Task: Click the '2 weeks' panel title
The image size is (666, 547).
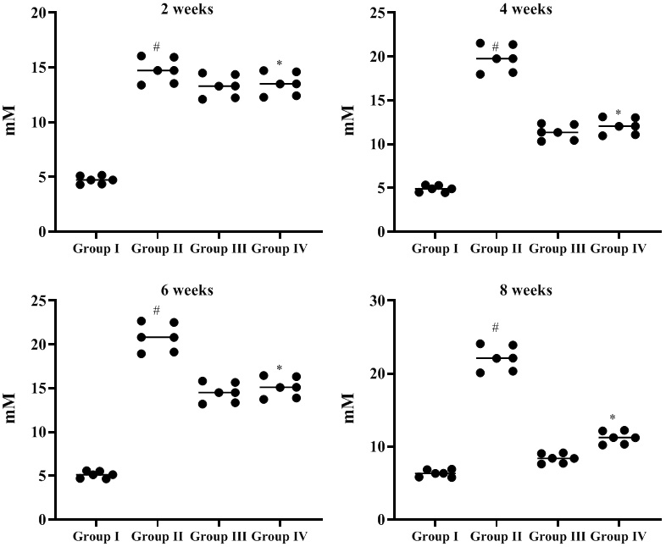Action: pyautogui.click(x=190, y=9)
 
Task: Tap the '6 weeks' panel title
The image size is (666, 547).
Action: pyautogui.click(x=190, y=290)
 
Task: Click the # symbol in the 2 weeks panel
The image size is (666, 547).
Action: pyautogui.click(x=157, y=47)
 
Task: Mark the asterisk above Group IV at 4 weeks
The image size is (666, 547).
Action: pyautogui.click(x=619, y=113)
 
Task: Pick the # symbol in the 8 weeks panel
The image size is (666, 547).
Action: pyautogui.click(x=496, y=328)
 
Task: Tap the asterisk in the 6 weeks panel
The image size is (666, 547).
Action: pyautogui.click(x=280, y=368)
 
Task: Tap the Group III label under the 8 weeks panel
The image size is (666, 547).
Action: pyautogui.click(x=558, y=536)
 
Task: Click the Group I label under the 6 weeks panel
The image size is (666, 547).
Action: pyautogui.click(x=96, y=536)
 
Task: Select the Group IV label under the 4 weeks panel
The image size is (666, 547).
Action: pyautogui.click(x=619, y=248)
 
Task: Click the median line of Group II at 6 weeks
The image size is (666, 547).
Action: pyautogui.click(x=157, y=337)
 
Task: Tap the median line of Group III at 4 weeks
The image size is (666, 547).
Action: pyautogui.click(x=558, y=132)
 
